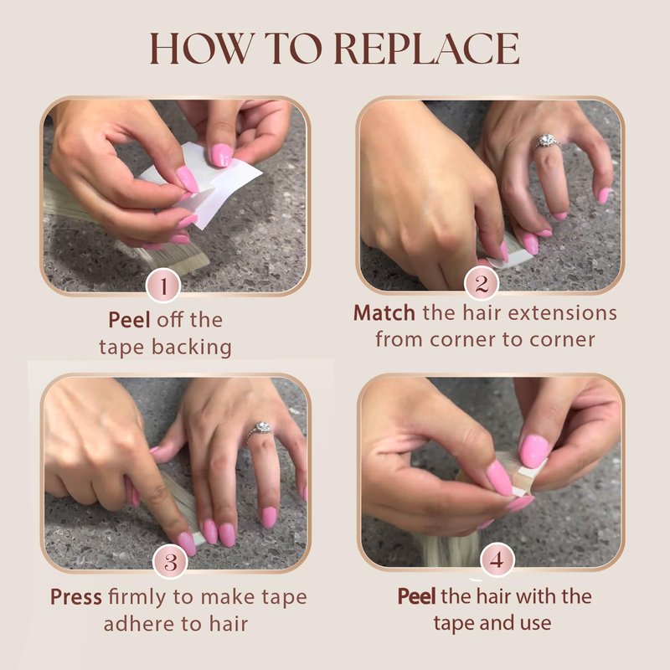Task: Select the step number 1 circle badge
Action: coord(163,285)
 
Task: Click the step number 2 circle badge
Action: coord(482,283)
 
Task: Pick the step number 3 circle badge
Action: coord(170,561)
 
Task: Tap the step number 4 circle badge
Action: coord(497,559)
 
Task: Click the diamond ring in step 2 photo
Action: coord(548,142)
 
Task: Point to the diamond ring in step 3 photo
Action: coord(260,430)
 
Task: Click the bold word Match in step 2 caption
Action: coord(384,312)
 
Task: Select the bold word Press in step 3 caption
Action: coord(76,597)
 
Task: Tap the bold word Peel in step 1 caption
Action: coord(129,320)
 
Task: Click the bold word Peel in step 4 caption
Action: coord(416,596)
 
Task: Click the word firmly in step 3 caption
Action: coord(137,597)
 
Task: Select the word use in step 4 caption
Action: coord(535,623)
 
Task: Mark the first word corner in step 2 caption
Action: coord(463,340)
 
